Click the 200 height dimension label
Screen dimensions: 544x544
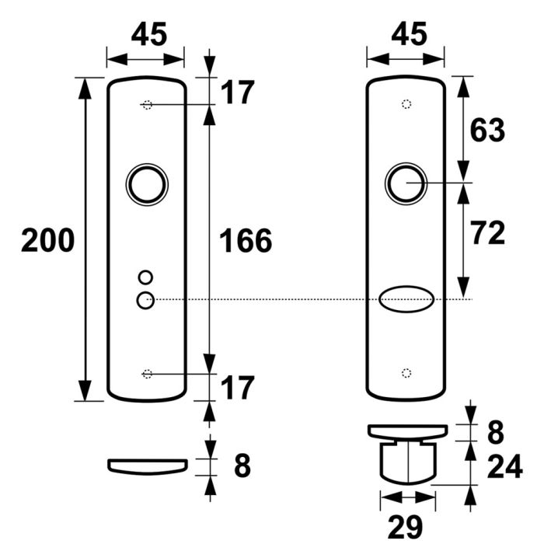tap(47, 240)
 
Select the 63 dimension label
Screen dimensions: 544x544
tap(487, 130)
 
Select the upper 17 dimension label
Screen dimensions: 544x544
tap(238, 93)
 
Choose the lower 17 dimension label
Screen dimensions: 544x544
tap(238, 386)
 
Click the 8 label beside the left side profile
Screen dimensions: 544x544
tap(242, 466)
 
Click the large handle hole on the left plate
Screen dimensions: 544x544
tap(146, 184)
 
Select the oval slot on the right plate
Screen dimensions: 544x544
tap(406, 300)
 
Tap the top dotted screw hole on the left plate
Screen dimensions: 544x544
tap(147, 106)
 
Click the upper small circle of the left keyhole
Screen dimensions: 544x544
tap(145, 277)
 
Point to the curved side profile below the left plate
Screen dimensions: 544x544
tap(147, 465)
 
